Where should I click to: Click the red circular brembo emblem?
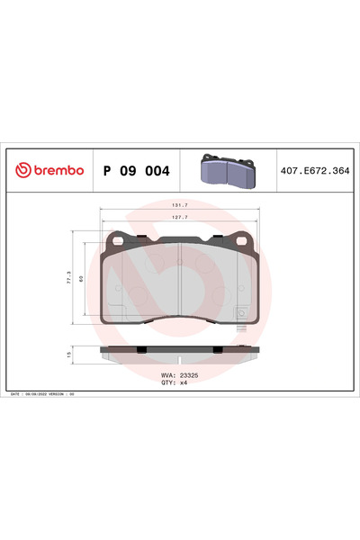[22, 170]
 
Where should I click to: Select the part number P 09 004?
[137, 170]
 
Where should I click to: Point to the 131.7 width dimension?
[178, 205]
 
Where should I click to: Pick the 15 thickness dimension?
[69, 355]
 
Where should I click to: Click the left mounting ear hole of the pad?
[117, 238]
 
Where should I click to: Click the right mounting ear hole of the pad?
[240, 238]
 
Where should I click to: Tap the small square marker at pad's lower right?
[240, 313]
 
